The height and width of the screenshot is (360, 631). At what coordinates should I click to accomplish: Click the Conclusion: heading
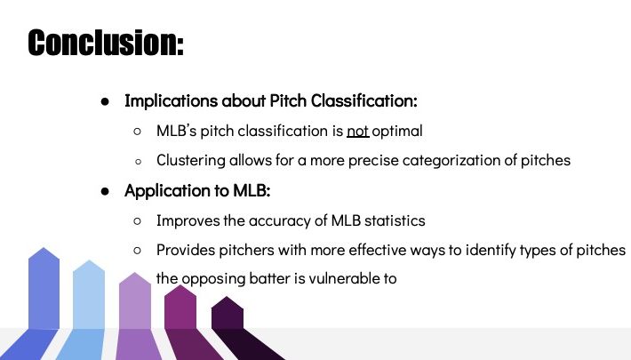click(x=106, y=43)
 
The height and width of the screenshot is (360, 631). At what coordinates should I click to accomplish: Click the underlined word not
click(x=358, y=131)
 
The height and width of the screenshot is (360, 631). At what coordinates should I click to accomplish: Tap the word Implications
click(x=171, y=101)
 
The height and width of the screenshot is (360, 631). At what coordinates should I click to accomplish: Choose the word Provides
click(x=186, y=250)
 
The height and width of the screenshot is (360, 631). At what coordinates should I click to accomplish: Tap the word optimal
click(x=397, y=132)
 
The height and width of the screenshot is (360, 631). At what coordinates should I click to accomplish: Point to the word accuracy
click(x=279, y=221)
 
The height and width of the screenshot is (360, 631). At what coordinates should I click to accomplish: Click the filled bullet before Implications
click(x=105, y=102)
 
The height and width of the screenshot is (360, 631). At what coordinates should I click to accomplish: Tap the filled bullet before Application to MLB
click(x=105, y=192)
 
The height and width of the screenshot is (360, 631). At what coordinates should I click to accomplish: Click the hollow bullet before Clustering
click(x=139, y=162)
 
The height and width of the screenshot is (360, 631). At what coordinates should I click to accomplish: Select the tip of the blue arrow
click(x=44, y=248)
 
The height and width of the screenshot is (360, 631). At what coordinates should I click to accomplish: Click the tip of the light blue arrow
click(x=89, y=260)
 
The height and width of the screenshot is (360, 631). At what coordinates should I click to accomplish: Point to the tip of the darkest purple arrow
click(x=227, y=297)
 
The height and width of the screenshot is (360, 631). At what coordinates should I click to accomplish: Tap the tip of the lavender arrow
click(x=135, y=273)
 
